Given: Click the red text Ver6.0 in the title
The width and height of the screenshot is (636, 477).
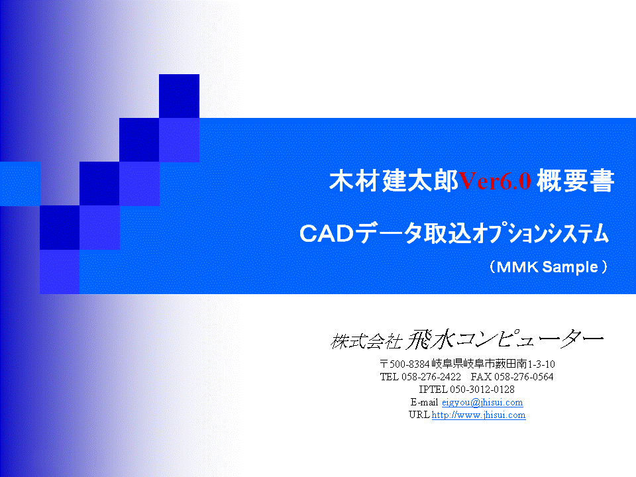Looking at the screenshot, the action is pyautogui.click(x=495, y=181).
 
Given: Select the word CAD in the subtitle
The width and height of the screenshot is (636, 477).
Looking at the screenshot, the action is pyautogui.click(x=327, y=234).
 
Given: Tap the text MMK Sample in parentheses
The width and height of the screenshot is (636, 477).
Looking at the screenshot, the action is pyautogui.click(x=547, y=267).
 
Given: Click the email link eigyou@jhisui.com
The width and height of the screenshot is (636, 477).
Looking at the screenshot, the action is pyautogui.click(x=482, y=402).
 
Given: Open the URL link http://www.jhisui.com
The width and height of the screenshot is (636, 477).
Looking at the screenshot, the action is pyautogui.click(x=478, y=415).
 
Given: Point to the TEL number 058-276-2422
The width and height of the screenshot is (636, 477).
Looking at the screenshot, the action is pyautogui.click(x=431, y=377).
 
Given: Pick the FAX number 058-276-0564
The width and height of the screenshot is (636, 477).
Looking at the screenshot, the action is pyautogui.click(x=523, y=377).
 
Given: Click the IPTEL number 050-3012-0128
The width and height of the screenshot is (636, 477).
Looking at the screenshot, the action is pyautogui.click(x=482, y=390).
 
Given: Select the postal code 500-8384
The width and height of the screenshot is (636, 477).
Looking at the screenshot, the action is pyautogui.click(x=409, y=364).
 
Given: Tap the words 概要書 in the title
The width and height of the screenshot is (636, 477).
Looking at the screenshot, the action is pyautogui.click(x=575, y=181).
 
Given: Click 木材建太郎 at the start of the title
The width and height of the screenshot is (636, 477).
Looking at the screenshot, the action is pyautogui.click(x=394, y=181).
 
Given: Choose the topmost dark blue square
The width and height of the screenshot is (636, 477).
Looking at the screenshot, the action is pyautogui.click(x=179, y=96).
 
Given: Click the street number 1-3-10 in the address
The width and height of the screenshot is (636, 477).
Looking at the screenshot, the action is pyautogui.click(x=541, y=364).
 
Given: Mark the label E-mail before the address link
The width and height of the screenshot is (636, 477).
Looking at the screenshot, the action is pyautogui.click(x=424, y=402).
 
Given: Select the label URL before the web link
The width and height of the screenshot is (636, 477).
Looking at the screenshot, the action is pyautogui.click(x=419, y=415).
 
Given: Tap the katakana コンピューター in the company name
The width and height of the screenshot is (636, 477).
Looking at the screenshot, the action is pyautogui.click(x=530, y=339).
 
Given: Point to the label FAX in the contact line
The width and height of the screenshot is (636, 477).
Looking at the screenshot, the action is pyautogui.click(x=481, y=377).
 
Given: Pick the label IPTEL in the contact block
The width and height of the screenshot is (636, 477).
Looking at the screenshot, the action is pyautogui.click(x=433, y=390).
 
